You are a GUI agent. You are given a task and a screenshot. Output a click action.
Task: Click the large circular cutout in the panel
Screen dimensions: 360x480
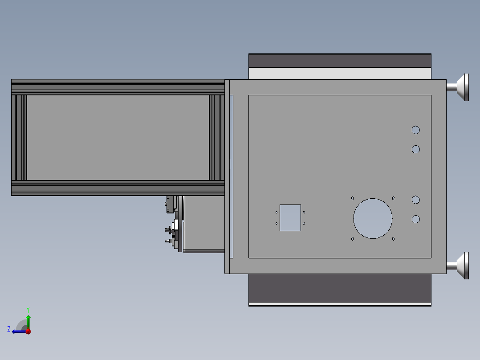click(373, 218)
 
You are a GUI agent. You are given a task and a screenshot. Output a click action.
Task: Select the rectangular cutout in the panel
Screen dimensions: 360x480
click(290, 218)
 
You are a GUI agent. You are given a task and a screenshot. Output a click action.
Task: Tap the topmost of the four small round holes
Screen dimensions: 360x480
click(415, 130)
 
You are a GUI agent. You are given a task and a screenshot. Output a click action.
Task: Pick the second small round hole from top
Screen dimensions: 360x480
click(415, 149)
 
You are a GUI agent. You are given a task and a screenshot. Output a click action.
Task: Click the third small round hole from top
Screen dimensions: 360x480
click(415, 200)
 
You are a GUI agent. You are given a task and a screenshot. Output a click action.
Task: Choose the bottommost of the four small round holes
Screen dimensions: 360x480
click(415, 219)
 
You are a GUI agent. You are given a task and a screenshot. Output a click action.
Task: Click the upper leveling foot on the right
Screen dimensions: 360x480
click(460, 87)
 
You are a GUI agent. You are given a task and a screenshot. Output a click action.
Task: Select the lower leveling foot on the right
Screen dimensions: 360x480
click(460, 266)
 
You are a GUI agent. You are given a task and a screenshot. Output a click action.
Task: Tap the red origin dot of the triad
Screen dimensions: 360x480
click(28, 331)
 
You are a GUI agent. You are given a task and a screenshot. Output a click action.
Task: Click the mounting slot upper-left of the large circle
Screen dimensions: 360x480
click(352, 198)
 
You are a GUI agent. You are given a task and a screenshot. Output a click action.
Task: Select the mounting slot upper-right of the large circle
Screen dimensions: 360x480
click(393, 198)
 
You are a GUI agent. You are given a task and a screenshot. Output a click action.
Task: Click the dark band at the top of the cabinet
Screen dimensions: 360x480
click(340, 61)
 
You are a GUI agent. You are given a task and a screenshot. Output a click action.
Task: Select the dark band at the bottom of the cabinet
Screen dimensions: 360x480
click(340, 288)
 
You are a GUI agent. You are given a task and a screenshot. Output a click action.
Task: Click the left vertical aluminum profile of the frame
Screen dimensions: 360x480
click(19, 137)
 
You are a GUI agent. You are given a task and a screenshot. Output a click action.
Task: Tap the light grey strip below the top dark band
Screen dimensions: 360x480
click(340, 74)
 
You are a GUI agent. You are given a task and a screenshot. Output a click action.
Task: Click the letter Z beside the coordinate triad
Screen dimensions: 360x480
click(9, 329)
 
